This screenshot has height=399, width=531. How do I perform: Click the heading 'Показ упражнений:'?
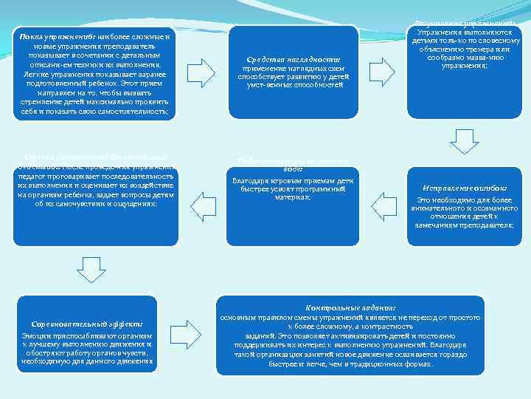52,36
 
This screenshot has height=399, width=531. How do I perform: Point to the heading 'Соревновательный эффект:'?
87,324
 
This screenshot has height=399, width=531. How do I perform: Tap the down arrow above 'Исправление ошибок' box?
464,139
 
